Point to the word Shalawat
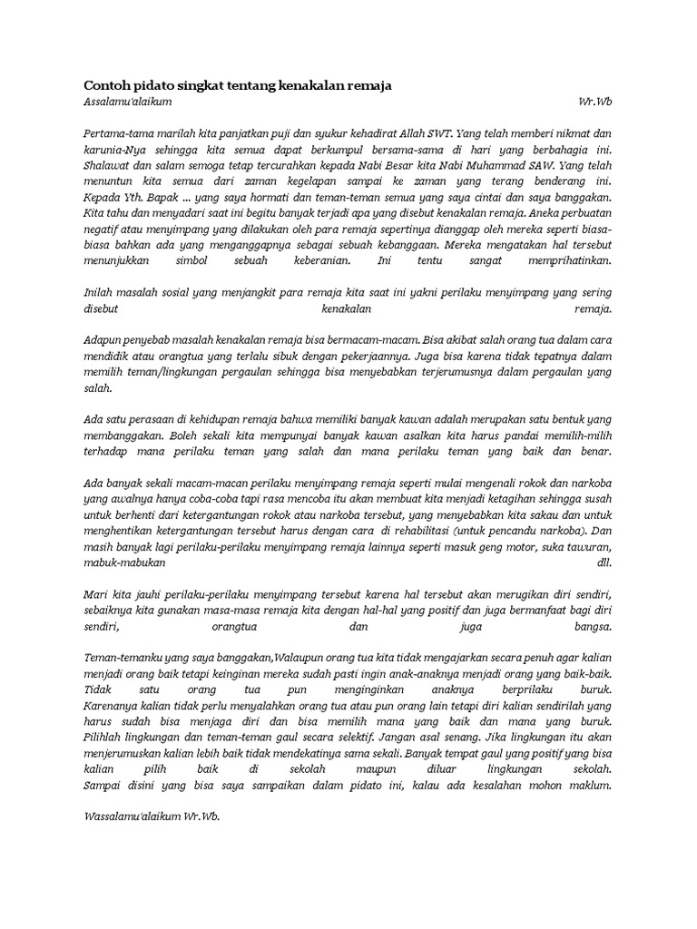pos(106,166)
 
